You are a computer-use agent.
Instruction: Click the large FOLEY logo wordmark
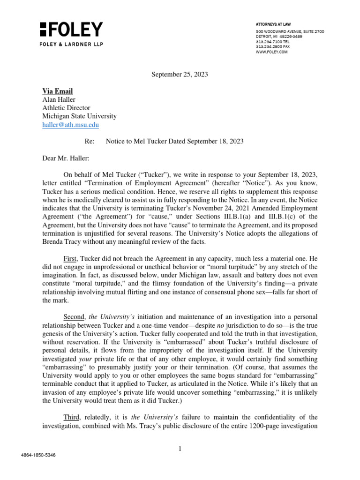point(71,30)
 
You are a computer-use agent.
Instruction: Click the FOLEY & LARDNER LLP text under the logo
point(71,45)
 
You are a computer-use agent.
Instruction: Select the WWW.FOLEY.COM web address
point(271,52)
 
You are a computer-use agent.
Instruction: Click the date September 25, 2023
point(180,74)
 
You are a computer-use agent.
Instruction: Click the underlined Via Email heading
point(58,91)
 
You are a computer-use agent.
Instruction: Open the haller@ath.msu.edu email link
point(71,125)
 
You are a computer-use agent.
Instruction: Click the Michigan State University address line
point(80,116)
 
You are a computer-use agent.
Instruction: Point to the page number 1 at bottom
point(180,449)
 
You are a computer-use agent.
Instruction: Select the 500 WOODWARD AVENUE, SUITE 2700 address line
point(289,31)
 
